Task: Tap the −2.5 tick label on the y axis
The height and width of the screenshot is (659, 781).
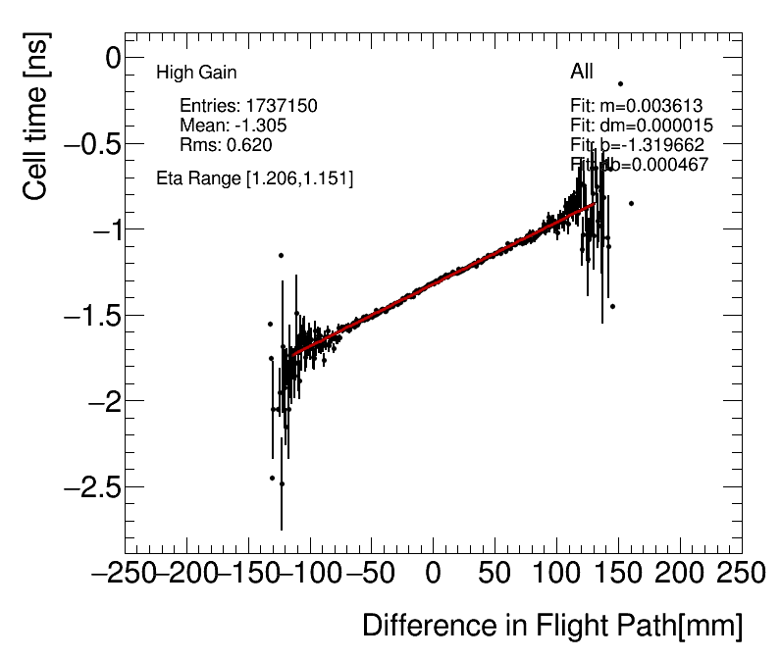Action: coord(90,487)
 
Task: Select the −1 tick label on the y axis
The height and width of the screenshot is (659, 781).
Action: coord(101,229)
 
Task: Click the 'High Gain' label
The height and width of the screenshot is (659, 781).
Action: coord(196,73)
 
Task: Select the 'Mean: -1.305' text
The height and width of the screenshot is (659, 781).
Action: coord(234,126)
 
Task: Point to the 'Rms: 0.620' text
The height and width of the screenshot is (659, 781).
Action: coord(226,145)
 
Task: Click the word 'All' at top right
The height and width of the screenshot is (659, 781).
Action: coord(582,73)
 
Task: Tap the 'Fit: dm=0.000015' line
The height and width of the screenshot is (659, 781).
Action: coord(642,126)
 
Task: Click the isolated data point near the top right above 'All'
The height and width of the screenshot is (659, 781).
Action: coord(620,84)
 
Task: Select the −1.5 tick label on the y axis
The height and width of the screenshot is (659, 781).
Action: coord(90,316)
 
